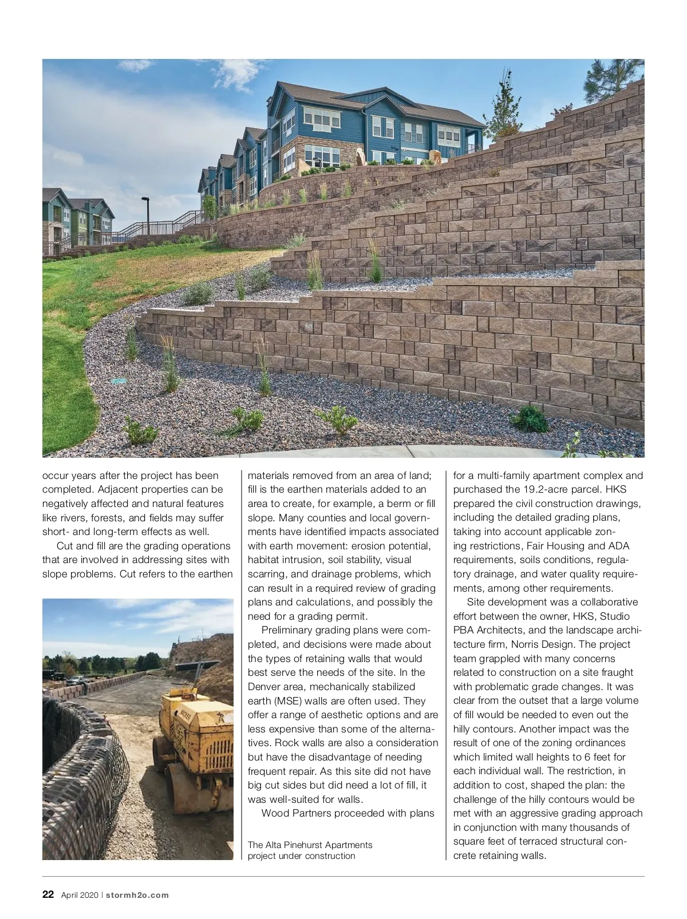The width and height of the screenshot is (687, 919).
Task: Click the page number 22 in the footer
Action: pyautogui.click(x=48, y=894)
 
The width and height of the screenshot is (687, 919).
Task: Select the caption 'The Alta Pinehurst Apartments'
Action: pyautogui.click(x=310, y=845)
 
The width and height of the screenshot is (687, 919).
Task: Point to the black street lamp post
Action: pyautogui.click(x=145, y=215)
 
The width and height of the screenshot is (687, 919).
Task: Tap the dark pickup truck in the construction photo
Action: pyautogui.click(x=76, y=680)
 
